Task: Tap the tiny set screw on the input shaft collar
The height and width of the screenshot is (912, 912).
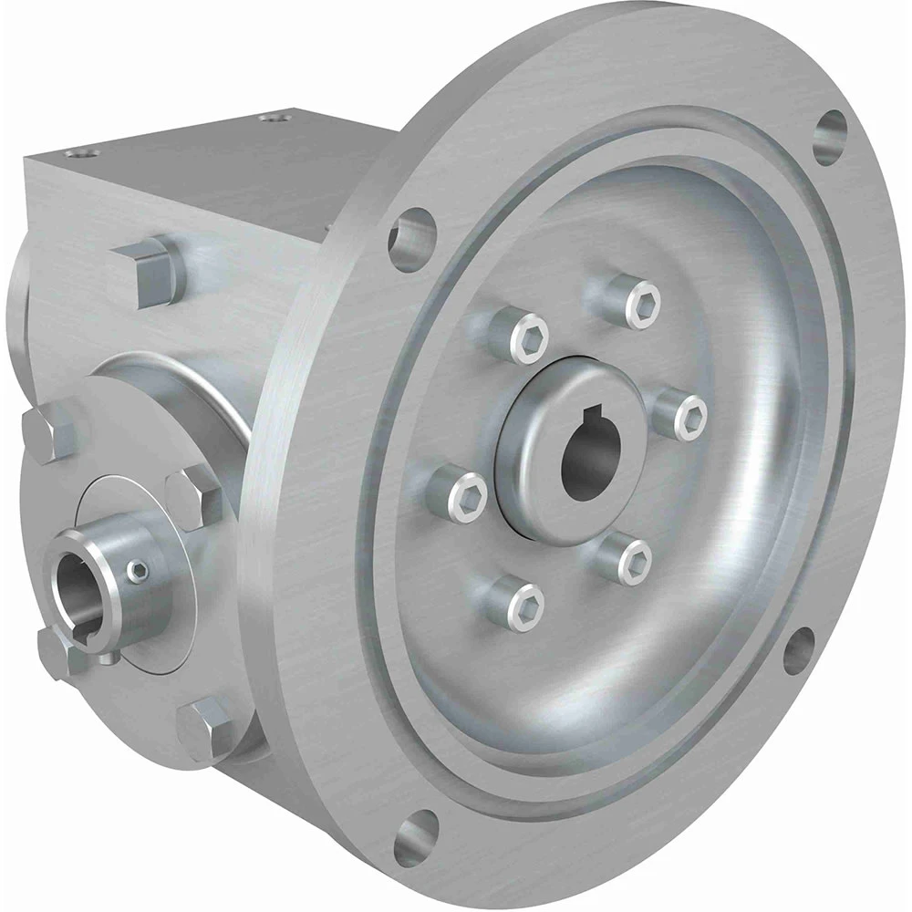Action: [x=138, y=572]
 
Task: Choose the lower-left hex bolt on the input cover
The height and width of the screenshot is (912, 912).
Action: [x=57, y=649]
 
